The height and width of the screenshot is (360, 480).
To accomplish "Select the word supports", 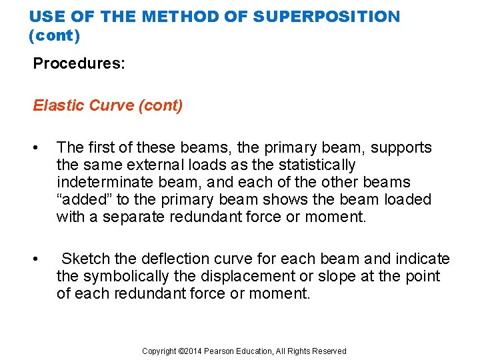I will pyautogui.click(x=401, y=147).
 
